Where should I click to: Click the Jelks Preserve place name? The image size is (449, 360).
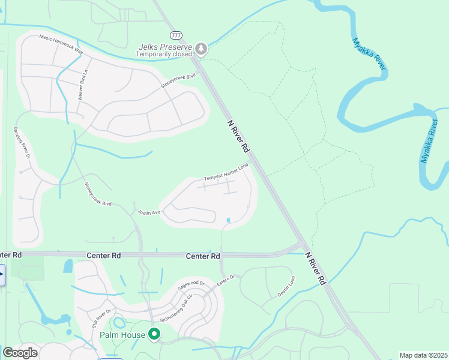tap(164, 46)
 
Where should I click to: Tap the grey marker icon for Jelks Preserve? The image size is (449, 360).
tap(202, 49)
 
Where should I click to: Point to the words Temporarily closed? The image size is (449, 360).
tap(164, 54)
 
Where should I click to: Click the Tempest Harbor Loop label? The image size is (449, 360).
tap(226, 172)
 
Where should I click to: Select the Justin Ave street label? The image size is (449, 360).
tap(149, 212)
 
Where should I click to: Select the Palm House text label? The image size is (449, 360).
tap(131, 334)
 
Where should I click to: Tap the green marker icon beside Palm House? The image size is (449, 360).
tap(154, 334)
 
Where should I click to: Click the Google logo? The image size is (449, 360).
tap(20, 353)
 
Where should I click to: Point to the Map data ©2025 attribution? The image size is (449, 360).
tap(423, 355)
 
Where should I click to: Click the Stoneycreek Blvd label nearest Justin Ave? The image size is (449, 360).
tap(98, 194)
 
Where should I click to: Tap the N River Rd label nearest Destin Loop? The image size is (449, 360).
tap(316, 268)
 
